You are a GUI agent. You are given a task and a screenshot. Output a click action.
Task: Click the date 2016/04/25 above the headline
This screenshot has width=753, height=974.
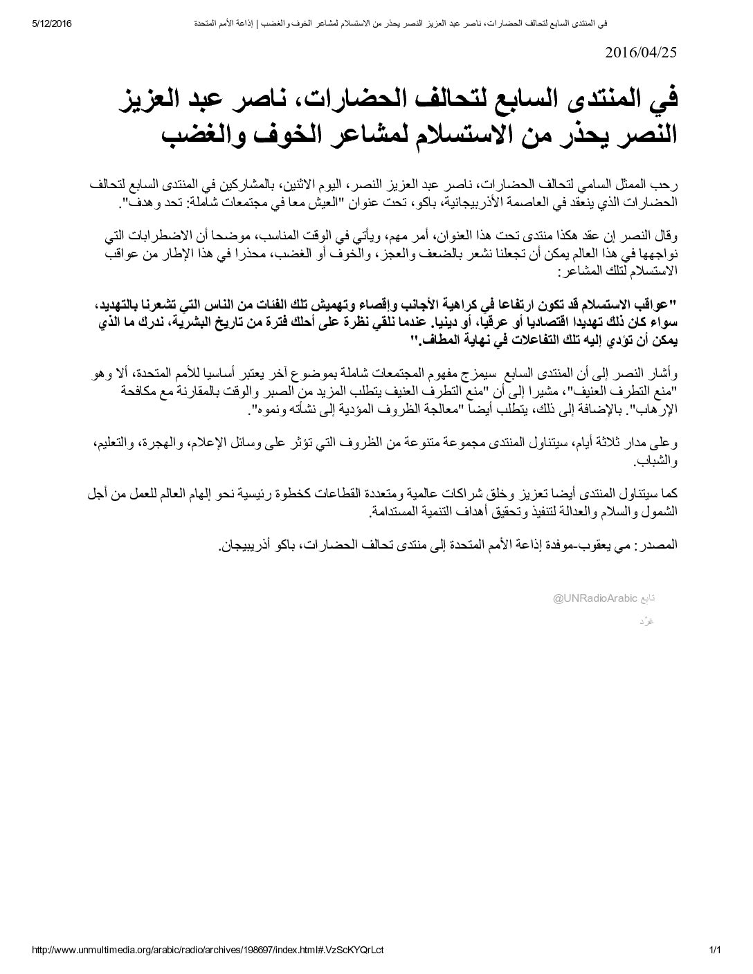(x=641, y=53)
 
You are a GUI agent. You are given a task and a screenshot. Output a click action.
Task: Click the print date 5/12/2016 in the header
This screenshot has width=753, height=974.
(x=53, y=23)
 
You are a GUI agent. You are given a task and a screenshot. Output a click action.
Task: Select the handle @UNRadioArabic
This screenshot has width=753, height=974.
(x=594, y=598)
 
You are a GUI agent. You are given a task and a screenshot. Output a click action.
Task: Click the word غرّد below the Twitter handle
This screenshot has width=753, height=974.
(x=647, y=621)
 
